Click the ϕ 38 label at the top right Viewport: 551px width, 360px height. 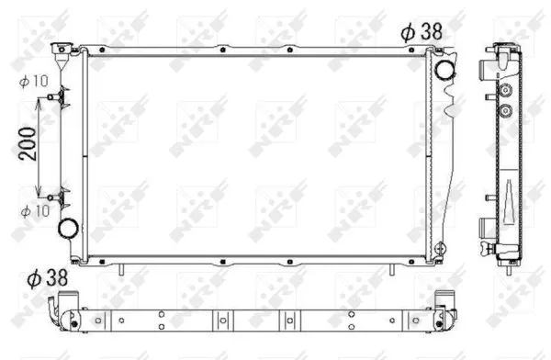[422, 32]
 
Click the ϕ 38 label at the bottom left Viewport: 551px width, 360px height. [48, 278]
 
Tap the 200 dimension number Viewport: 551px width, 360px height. [28, 144]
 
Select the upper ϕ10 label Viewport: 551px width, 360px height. [34, 82]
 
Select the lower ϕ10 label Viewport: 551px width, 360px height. [35, 211]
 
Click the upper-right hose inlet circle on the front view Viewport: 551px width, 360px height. [444, 69]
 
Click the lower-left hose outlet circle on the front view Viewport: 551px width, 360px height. [68, 229]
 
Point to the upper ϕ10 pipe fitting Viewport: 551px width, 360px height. [55, 96]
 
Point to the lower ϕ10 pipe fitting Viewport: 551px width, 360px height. [55, 197]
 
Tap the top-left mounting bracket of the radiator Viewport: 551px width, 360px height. [62, 50]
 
